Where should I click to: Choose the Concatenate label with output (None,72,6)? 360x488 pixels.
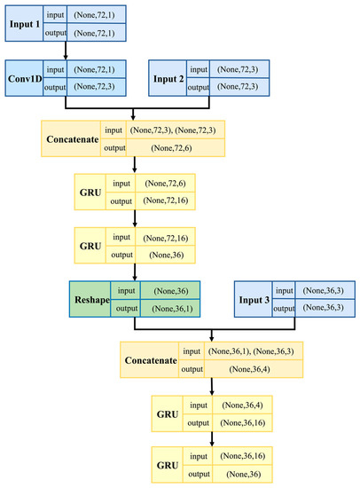72,138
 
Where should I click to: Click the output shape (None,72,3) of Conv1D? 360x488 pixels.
93,88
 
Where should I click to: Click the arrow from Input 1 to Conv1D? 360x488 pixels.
66,52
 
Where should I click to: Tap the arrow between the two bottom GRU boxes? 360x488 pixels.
212,439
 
